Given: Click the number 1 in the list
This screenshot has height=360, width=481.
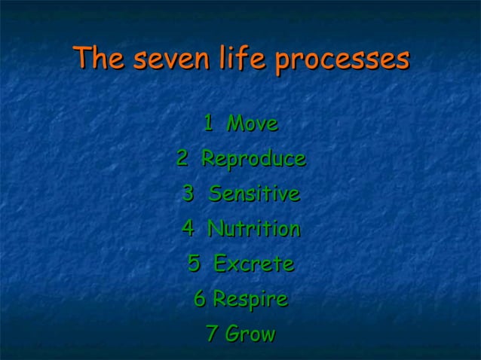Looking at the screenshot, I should click(209, 124).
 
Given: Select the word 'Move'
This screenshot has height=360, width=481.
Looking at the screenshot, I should click(253, 124).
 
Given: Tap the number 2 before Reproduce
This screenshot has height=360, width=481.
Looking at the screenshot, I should click(183, 159).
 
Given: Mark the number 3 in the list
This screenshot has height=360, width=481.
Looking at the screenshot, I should click(188, 194).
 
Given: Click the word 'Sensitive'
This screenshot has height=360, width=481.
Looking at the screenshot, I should click(254, 194).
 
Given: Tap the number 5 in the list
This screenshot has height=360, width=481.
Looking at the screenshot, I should click(195, 264).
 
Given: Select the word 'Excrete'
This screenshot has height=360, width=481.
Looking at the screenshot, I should click(253, 264).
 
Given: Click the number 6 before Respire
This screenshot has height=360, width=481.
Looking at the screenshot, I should click(200, 299).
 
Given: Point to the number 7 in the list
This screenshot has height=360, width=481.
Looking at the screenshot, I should click(212, 334).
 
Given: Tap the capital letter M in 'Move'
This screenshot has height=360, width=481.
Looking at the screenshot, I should click(236, 124).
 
